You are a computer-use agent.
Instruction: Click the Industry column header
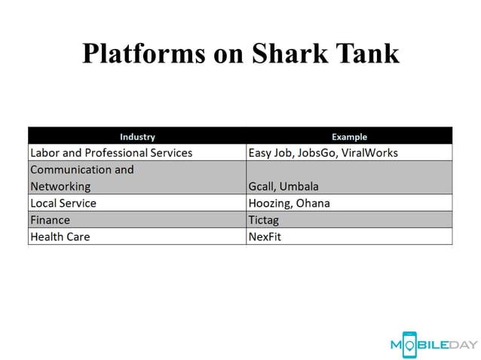pos(137,136)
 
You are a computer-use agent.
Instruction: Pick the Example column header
pos(349,136)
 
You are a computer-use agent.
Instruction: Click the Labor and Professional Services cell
pos(111,153)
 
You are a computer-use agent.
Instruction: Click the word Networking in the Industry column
pos(60,186)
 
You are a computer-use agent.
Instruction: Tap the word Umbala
pos(301,186)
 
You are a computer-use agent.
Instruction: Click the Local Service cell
pos(63,203)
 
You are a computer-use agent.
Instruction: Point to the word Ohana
pos(313,203)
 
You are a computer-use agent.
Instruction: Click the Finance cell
pos(50,220)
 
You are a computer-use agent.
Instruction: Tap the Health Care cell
pos(60,236)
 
